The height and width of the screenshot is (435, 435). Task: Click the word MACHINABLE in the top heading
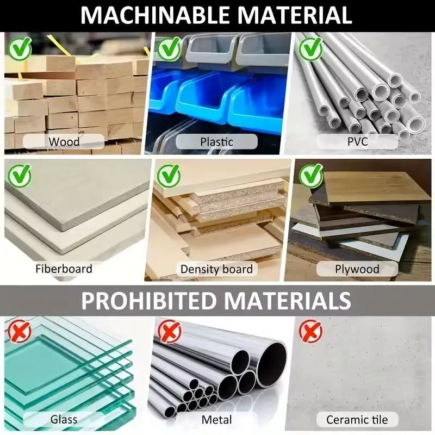(x=155, y=15)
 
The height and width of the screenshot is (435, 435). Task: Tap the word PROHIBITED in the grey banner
(x=148, y=301)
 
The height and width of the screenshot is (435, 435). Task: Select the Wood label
(x=64, y=142)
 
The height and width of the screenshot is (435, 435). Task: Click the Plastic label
(x=216, y=142)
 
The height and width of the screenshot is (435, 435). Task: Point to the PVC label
(x=358, y=141)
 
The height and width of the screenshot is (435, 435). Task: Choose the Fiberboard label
(x=64, y=269)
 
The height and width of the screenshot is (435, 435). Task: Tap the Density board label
(x=216, y=269)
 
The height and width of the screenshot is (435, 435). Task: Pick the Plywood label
(x=357, y=269)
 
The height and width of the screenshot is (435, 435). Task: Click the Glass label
(x=64, y=419)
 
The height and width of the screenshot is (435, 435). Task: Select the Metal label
(x=216, y=420)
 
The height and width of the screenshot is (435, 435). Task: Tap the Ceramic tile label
(x=357, y=420)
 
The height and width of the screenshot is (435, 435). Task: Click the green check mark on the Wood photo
(x=20, y=48)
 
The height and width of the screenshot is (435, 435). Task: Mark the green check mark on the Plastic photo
(x=169, y=48)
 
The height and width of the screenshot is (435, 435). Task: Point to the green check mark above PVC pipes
(x=310, y=48)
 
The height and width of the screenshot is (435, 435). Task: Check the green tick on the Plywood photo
(x=310, y=175)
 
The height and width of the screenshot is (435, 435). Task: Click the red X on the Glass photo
(x=20, y=331)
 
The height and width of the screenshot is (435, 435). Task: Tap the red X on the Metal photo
(x=169, y=331)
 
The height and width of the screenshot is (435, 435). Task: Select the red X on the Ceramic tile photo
(x=310, y=331)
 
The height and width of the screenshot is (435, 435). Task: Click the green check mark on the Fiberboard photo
(x=20, y=175)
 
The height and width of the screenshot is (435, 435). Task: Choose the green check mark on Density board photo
(x=169, y=175)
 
